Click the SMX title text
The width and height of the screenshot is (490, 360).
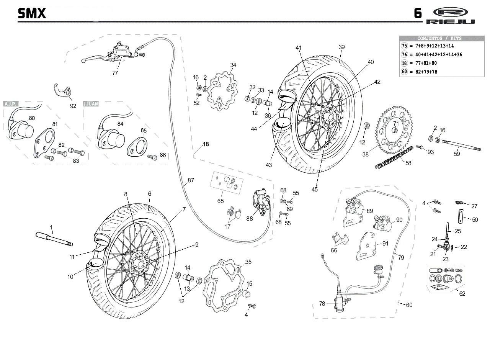click(32, 13)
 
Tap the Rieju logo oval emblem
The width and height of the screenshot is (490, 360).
click(451, 12)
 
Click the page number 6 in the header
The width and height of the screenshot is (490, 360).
click(418, 13)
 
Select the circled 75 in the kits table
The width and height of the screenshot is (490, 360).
click(404, 46)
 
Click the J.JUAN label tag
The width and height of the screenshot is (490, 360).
click(91, 104)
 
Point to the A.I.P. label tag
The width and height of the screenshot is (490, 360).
click(10, 104)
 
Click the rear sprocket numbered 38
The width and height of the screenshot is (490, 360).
click(394, 130)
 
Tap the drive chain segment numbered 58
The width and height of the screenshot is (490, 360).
click(394, 157)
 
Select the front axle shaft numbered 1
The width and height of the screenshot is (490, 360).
click(54, 239)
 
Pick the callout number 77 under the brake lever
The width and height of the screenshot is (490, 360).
click(115, 73)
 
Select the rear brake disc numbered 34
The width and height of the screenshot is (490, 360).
click(222, 92)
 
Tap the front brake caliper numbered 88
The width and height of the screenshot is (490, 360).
click(261, 203)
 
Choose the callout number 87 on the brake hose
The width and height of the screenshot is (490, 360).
click(191, 180)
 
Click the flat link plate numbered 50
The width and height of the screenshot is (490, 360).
click(461, 216)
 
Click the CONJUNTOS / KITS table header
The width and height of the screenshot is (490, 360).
click(439, 39)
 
